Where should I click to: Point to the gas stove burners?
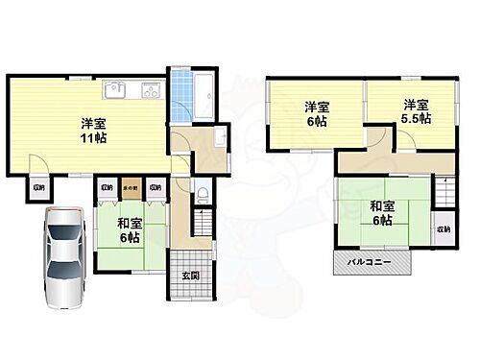(x=152, y=91)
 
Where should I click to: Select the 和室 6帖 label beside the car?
(x=131, y=231)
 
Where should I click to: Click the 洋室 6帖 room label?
(x=316, y=114)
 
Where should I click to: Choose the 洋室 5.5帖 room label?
(x=414, y=111)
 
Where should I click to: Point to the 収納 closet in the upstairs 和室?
(x=443, y=231)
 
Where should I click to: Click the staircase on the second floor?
(x=444, y=190)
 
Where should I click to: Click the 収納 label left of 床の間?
(x=107, y=188)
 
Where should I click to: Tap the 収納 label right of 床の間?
(x=155, y=188)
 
